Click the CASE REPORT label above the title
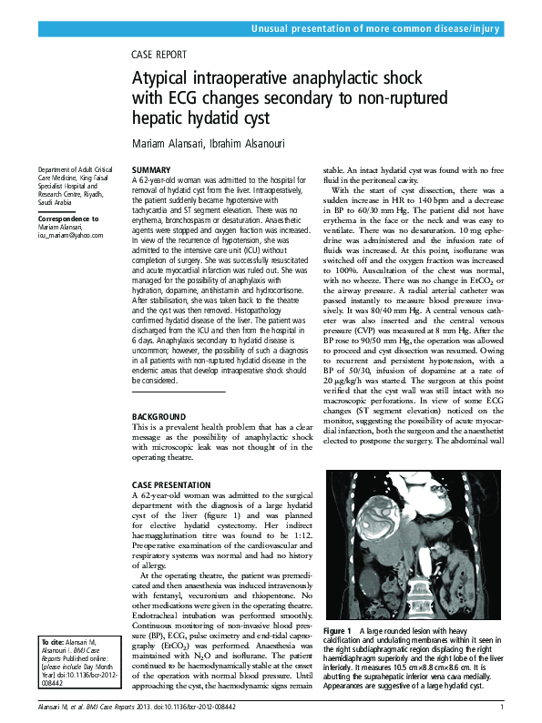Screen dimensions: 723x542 click(x=159, y=55)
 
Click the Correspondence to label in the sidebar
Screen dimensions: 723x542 click(x=67, y=219)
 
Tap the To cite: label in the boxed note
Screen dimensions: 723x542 click(x=53, y=643)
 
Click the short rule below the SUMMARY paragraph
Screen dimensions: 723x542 click(x=178, y=366)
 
